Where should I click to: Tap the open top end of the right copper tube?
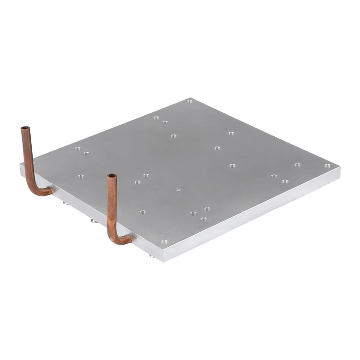pyautogui.click(x=112, y=177)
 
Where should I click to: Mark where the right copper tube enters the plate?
pyautogui.click(x=131, y=238)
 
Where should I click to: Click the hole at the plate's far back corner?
pyautogui.click(x=190, y=102)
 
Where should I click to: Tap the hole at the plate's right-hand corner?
pyautogui.click(x=327, y=166)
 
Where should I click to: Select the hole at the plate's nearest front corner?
pyautogui.click(x=164, y=242)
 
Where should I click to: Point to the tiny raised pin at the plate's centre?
pyautogui.click(x=178, y=189)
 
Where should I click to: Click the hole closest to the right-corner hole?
pyautogui.click(x=298, y=165)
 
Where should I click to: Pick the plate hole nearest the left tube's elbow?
pyautogui.click(x=81, y=176)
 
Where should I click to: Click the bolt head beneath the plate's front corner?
pyautogui.click(x=152, y=256)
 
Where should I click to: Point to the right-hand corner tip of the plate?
pyautogui.click(x=340, y=169)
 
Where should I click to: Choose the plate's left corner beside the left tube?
pyautogui.click(x=21, y=166)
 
